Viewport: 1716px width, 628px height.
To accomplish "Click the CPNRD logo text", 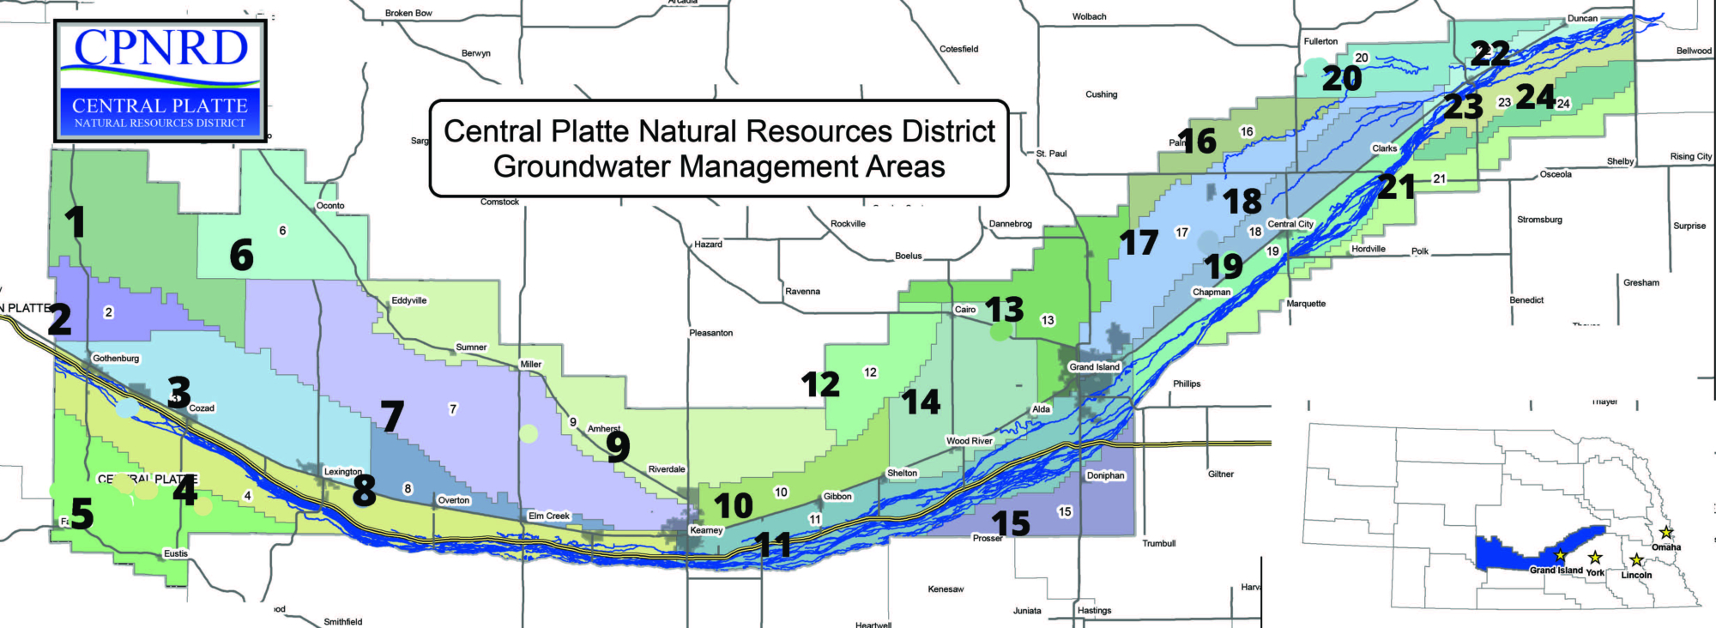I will click(160, 48).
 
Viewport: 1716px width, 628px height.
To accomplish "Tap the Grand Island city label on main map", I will click(1094, 367).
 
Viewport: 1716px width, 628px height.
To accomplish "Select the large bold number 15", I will click(1010, 523).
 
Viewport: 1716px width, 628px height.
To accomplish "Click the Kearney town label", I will click(706, 530).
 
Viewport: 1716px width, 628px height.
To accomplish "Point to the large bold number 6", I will click(242, 256).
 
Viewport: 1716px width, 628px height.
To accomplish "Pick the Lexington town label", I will click(342, 472).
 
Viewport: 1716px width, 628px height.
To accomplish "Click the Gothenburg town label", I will click(116, 359).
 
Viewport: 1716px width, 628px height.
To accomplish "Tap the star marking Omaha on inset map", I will click(1665, 533).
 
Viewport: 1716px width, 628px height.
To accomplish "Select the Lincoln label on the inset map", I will click(1636, 576).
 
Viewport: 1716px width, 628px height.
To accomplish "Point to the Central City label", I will click(1290, 224).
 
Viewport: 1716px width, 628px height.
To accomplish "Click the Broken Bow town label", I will click(408, 13).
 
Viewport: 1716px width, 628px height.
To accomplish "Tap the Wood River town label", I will click(969, 441).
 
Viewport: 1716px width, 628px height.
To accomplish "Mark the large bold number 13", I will click(1004, 309).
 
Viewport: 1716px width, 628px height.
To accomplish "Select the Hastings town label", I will click(1094, 611).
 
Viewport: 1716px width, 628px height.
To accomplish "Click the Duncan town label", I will click(1582, 19).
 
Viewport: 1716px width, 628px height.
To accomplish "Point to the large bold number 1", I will click(76, 222).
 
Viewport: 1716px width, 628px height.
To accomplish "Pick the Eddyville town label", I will click(408, 300).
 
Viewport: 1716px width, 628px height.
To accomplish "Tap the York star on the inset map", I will click(1595, 558).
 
